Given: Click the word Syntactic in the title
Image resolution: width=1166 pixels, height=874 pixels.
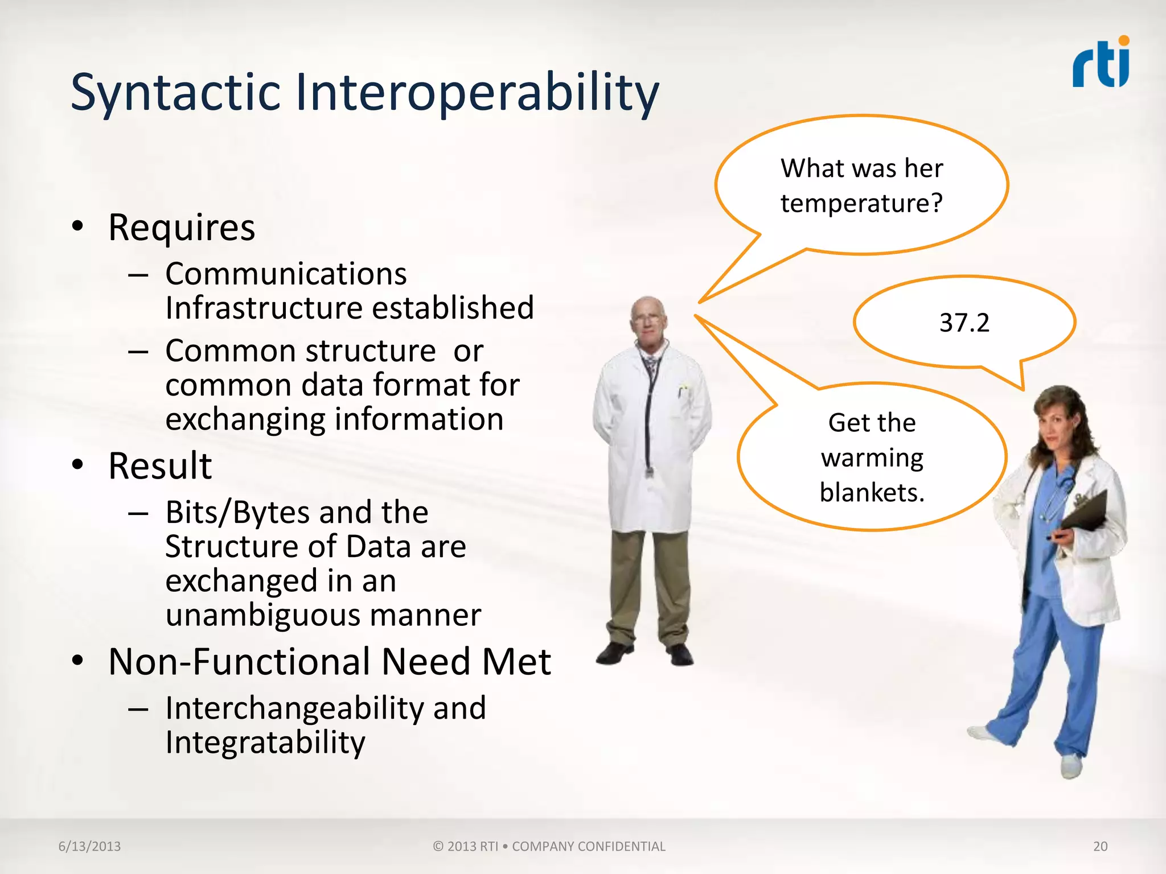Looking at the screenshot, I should tap(175, 93).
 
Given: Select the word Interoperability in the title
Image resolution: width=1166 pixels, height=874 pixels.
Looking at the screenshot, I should tap(477, 93).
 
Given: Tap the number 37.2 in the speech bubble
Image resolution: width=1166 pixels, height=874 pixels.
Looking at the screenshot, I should tap(964, 323).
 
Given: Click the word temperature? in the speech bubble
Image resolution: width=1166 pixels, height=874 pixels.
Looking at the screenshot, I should tap(861, 203).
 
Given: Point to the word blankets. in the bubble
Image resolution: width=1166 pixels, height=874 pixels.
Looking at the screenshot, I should tap(872, 492).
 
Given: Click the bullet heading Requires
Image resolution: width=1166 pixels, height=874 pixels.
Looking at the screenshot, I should tap(181, 228).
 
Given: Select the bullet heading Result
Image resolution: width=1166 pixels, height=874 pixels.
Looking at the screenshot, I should tap(160, 466).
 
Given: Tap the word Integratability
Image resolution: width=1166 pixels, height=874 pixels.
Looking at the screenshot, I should tap(265, 743).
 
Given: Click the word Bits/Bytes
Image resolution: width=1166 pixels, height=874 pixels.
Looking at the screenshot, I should tap(233, 512).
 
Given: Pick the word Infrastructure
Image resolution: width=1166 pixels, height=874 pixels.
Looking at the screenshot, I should tap(263, 308).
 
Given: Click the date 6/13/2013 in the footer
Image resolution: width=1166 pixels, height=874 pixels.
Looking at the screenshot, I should tap(89, 846).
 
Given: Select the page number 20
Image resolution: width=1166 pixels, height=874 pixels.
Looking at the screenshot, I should tap(1100, 846).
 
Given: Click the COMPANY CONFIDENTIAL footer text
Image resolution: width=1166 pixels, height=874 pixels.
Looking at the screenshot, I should tap(588, 846).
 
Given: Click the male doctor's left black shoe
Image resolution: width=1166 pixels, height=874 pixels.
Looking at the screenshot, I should tap(615, 653).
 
